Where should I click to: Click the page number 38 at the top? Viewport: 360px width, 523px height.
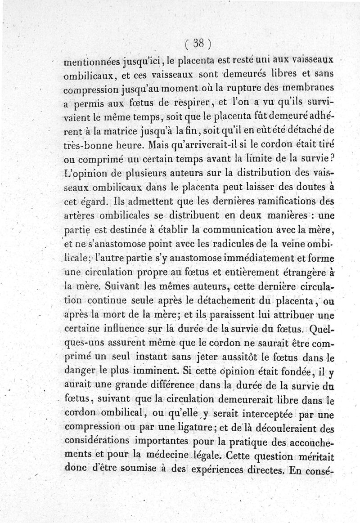(x=198, y=43)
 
